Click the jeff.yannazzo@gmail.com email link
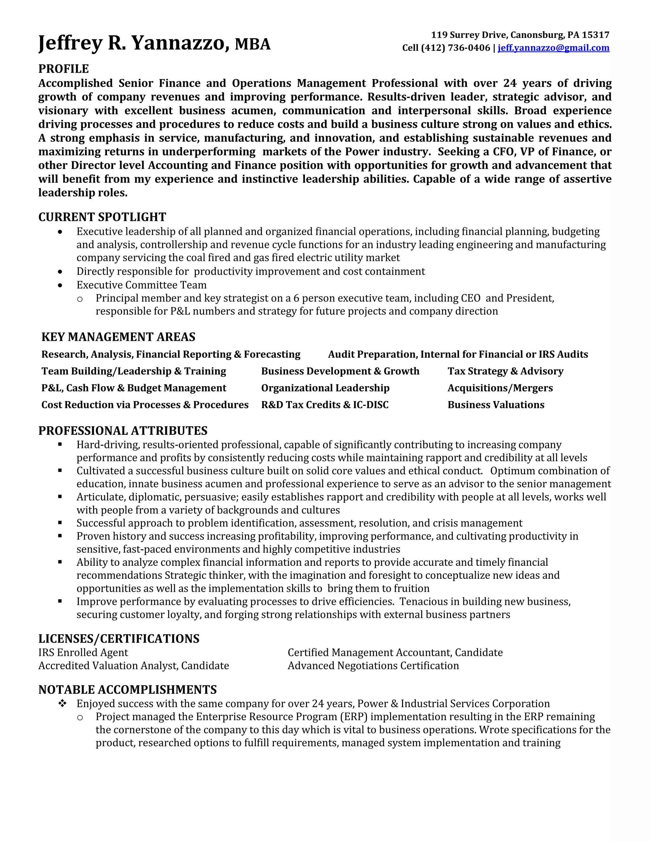coord(553,48)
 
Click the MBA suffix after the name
coord(253,44)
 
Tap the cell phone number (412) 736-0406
coord(455,48)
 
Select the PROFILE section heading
coord(63,69)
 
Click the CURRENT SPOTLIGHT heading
coord(102,217)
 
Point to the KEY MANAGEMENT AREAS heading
coord(118,337)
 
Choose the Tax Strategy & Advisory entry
coord(505,371)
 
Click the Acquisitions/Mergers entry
coord(500,388)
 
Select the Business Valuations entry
coord(495,405)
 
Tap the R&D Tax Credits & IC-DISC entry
coord(325,405)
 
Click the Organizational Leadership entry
coord(325,388)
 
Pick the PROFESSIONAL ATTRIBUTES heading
coord(123,431)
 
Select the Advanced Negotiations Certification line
coord(373,666)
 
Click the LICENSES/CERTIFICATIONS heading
coord(119,639)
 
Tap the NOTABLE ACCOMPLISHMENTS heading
coord(128,689)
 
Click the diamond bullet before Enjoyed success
coord(63,704)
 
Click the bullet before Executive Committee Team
coord(60,285)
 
